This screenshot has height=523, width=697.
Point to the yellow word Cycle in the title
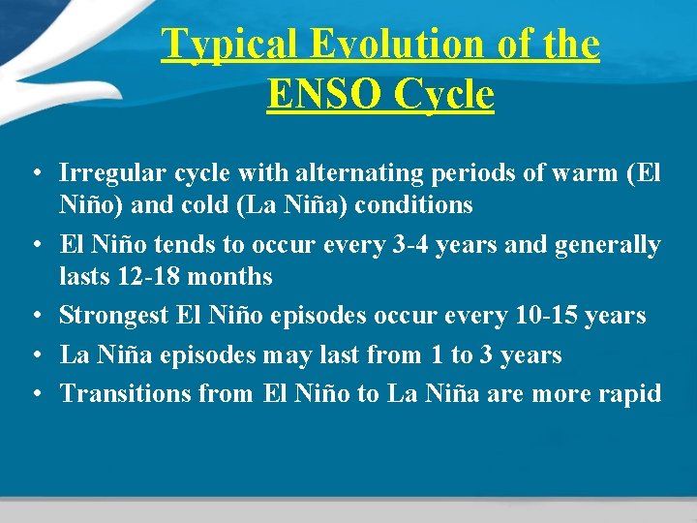[x=441, y=95]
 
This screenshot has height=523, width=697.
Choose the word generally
[x=608, y=245]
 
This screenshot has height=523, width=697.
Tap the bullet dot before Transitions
[x=34, y=394]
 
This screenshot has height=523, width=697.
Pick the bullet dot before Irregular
[x=34, y=174]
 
